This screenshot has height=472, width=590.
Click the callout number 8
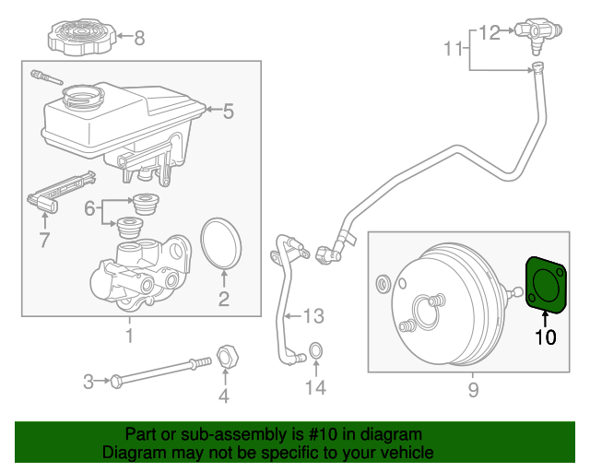139,38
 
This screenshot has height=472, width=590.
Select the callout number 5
228,112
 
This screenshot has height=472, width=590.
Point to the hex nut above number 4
226,354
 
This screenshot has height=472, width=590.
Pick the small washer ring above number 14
315,350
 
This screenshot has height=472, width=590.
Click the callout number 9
473,391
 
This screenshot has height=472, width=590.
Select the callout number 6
90,210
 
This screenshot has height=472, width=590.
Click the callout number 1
129,336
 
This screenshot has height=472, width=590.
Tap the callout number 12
490,32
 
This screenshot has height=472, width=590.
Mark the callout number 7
43,242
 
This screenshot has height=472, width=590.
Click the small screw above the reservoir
42,77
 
